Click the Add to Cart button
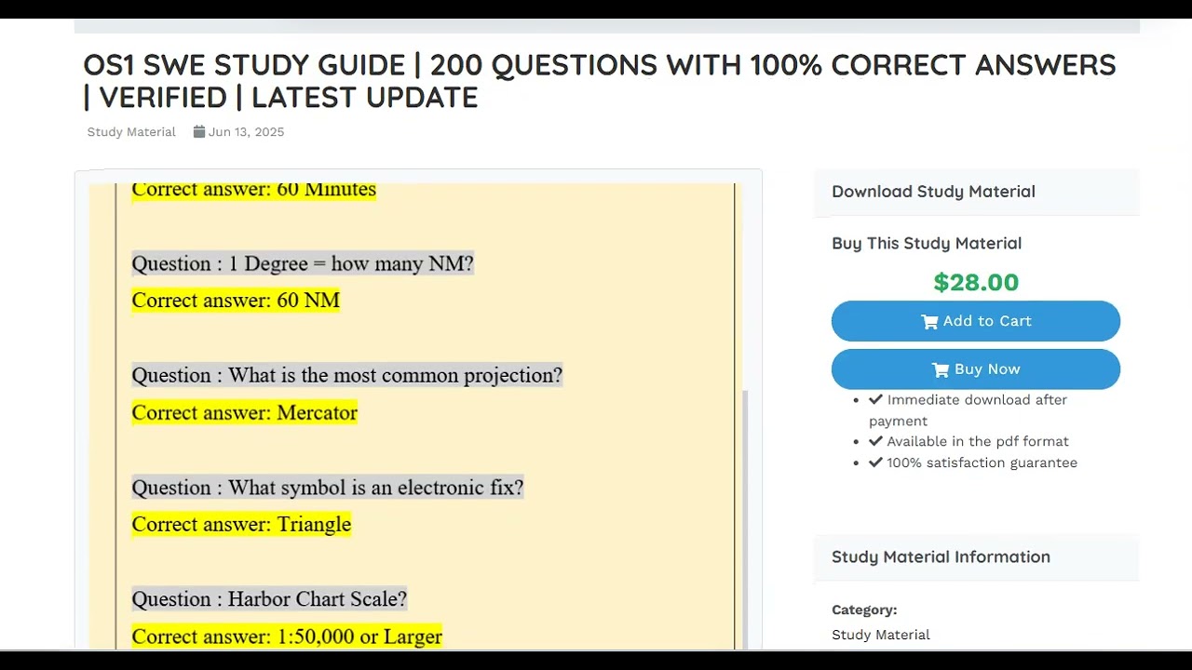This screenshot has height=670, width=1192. click(975, 321)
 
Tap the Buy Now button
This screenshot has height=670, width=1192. click(975, 369)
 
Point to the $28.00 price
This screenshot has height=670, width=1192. click(976, 282)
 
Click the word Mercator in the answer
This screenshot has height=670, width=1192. click(318, 413)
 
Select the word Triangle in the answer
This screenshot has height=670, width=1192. click(314, 525)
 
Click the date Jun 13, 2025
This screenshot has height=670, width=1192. click(246, 132)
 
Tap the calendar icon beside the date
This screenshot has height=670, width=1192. click(199, 131)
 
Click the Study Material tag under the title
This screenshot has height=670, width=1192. click(131, 132)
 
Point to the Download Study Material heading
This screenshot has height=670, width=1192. click(933, 192)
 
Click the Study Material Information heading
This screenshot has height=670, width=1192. click(941, 557)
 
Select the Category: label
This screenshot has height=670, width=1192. click(864, 610)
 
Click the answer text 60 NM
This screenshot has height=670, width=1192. click(308, 301)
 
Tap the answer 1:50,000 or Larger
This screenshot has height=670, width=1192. click(359, 637)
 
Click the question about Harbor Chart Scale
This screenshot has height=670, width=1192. click(269, 599)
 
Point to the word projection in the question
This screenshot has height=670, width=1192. click(511, 376)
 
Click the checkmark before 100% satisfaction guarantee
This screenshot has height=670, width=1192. click(875, 462)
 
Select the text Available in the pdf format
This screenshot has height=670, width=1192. click(978, 442)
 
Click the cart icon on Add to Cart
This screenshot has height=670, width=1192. click(929, 322)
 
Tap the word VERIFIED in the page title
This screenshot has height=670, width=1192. click(163, 98)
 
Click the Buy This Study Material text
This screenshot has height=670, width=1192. click(927, 244)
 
